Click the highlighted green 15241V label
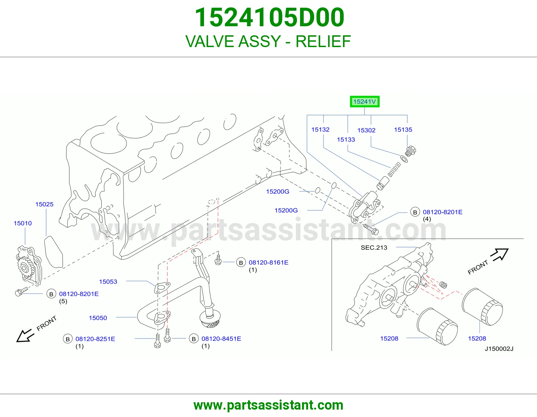tap(364, 102)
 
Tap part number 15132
tap(320, 129)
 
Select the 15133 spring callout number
tap(346, 140)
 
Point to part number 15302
tap(367, 130)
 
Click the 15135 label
tap(403, 129)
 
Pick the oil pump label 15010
tap(23, 223)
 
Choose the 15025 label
tap(45, 204)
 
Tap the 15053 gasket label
tap(108, 281)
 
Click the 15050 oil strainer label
tap(98, 318)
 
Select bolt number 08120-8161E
tap(268, 263)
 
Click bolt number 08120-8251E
tap(95, 339)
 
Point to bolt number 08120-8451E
tap(221, 339)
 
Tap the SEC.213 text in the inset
tap(374, 248)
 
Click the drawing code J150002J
tap(499, 349)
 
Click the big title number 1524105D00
tap(270, 17)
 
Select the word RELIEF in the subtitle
tap(323, 41)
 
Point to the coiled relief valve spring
tap(394, 169)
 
